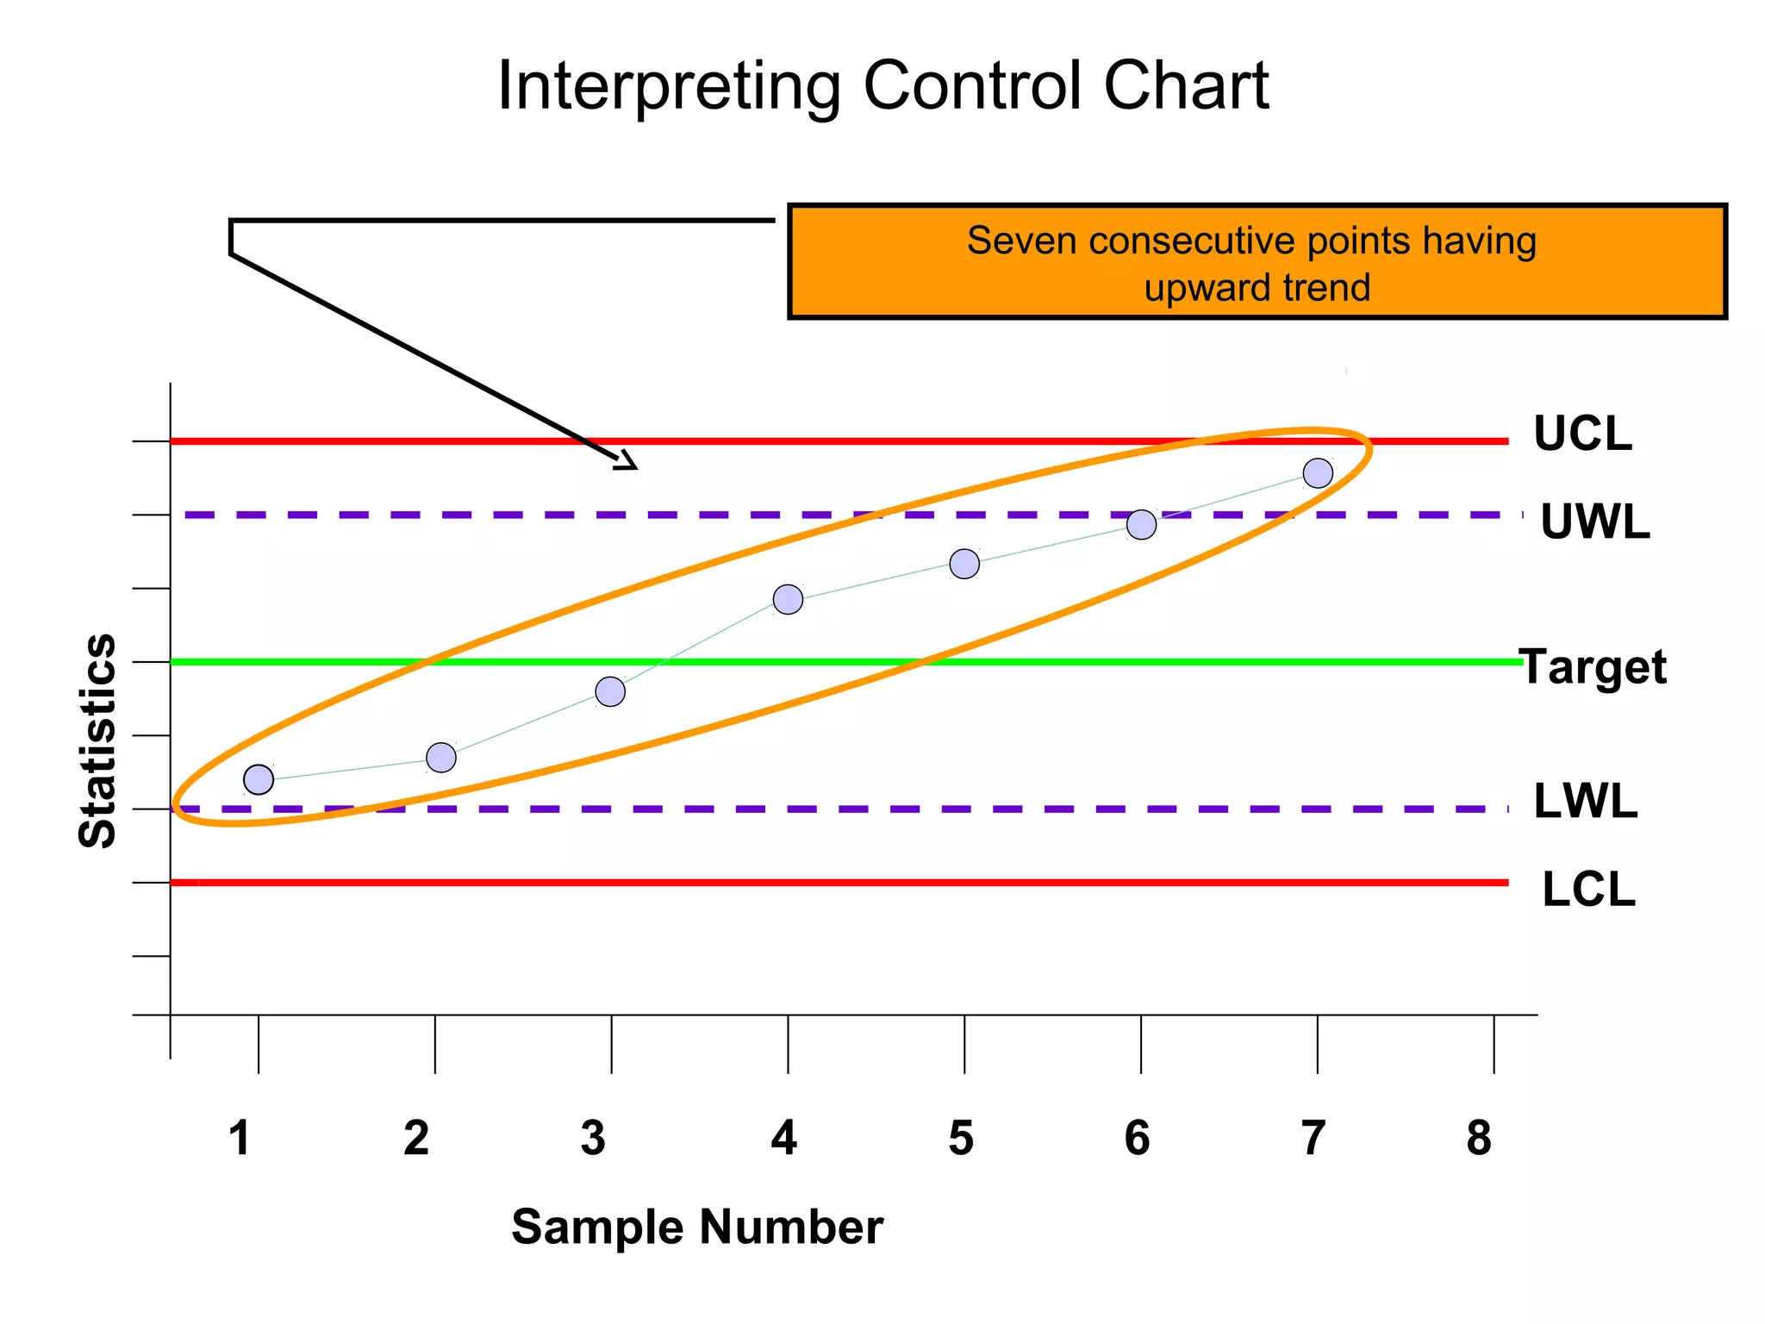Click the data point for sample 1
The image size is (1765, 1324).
click(x=259, y=779)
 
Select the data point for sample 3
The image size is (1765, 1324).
click(x=610, y=691)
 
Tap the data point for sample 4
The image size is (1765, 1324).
click(x=788, y=599)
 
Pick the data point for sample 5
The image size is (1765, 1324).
click(x=964, y=564)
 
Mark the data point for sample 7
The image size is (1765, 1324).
click(x=1318, y=472)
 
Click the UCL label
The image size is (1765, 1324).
click(x=1582, y=434)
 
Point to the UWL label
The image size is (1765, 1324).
click(x=1594, y=522)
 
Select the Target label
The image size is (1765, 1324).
click(x=1593, y=667)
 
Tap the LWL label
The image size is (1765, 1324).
click(x=1586, y=802)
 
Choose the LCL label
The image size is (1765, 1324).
click(x=1588, y=890)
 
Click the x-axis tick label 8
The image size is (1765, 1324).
click(x=1479, y=1138)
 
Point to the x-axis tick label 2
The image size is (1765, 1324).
click(x=416, y=1138)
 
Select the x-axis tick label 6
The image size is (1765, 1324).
click(x=1137, y=1138)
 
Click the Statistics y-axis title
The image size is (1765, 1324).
click(x=97, y=741)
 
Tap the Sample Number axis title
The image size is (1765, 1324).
click(x=697, y=1227)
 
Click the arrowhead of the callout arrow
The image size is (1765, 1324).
click(x=627, y=462)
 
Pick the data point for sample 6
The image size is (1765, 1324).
click(x=1141, y=524)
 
